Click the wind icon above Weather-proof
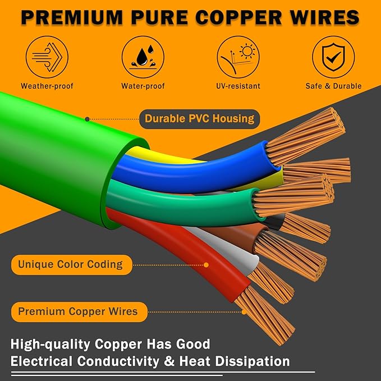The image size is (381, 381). (x=47, y=57)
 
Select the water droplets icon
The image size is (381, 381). (x=143, y=57)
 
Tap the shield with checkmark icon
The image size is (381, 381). (x=333, y=57)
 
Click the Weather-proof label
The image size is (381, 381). (x=47, y=86)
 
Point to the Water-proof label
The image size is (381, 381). (x=143, y=86)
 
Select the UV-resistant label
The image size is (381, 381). (x=238, y=86)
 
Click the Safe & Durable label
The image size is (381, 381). (x=334, y=86)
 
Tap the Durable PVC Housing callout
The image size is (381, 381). (x=200, y=119)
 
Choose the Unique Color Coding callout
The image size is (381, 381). (x=72, y=265)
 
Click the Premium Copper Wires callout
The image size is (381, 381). (x=79, y=312)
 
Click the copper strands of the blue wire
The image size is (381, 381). (x=305, y=136)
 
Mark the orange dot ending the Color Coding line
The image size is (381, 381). (x=206, y=265)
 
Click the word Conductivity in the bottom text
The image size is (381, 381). (x=118, y=361)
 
